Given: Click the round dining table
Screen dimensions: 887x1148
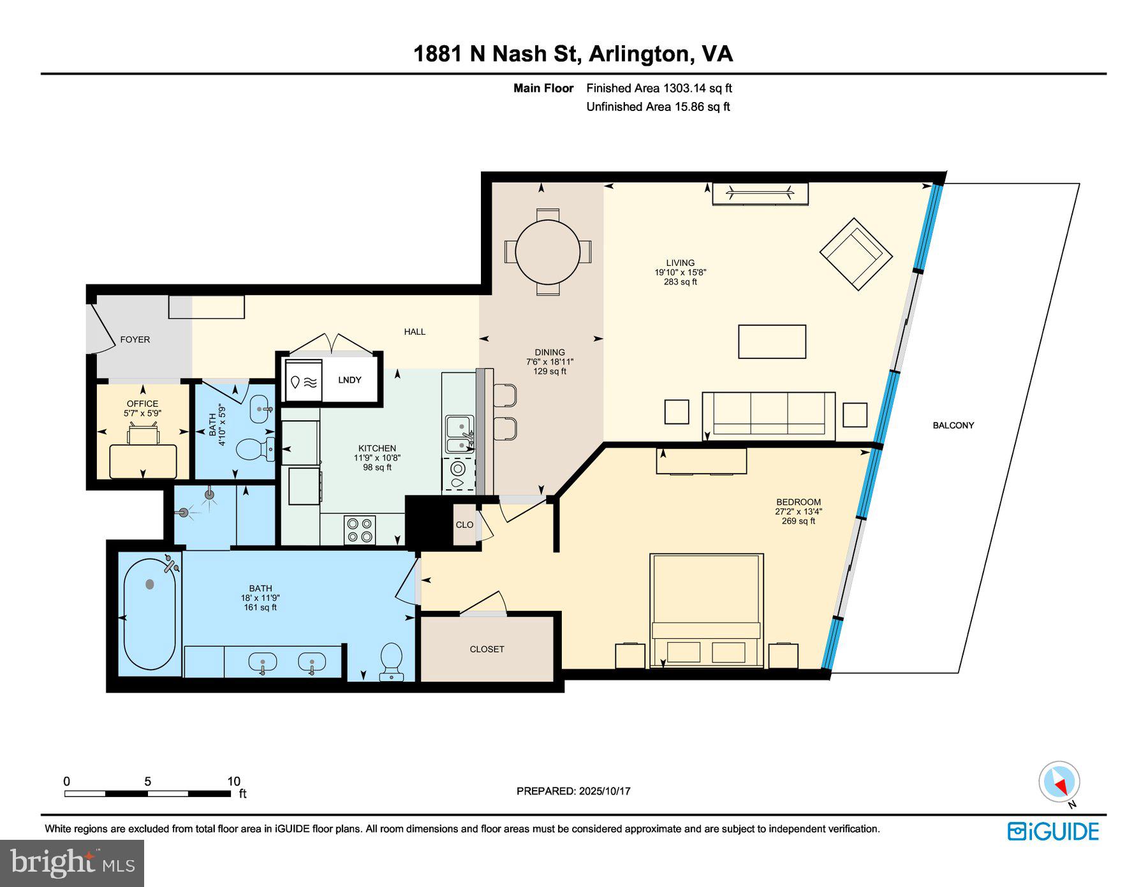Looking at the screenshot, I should pos(548,252).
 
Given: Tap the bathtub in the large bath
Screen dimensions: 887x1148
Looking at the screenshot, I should pos(149,614).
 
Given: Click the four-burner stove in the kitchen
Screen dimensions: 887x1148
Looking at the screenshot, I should pos(360,530).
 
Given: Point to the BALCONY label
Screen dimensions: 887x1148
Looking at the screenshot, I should pos(953,425).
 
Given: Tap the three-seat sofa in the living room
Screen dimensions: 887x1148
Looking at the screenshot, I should pos(768,415).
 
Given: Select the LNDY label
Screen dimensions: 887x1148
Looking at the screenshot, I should pos(350,380).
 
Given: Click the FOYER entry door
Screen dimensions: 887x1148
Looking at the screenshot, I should pos(101,326).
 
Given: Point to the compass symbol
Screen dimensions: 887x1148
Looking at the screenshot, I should pos(1059,782).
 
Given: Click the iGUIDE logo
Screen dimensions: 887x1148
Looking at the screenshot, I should pos(1053,832).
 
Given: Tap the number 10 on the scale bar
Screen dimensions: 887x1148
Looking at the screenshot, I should pos(233,781).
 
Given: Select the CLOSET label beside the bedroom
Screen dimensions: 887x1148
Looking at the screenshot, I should pos(487,649).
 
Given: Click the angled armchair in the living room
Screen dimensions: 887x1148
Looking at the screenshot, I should pos(855,253).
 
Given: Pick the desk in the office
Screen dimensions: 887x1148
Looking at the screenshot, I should pos(143,460).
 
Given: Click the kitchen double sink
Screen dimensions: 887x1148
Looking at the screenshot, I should pos(459,434).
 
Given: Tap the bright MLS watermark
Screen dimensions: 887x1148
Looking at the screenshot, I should pos(72,863).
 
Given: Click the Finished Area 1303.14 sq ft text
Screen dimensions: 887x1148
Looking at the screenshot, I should pos(659,89).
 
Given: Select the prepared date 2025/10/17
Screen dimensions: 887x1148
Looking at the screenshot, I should pos(604,791).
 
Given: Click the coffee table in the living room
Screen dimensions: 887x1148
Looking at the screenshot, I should pos(772,342).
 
